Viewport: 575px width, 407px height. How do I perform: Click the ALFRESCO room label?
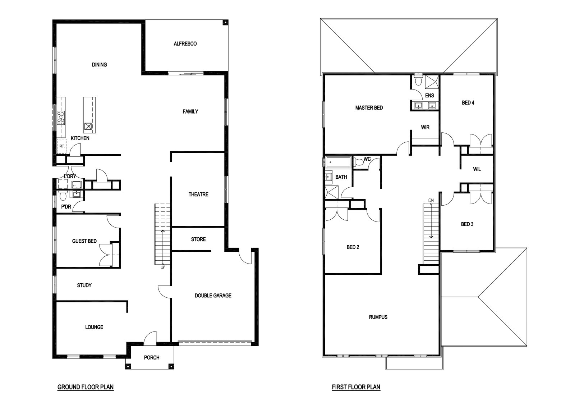click(x=185, y=44)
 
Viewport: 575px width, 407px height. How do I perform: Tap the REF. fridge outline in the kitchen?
click(x=61, y=146)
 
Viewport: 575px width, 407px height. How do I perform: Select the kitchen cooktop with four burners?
click(x=61, y=118)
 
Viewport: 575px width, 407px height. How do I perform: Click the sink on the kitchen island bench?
click(x=88, y=126)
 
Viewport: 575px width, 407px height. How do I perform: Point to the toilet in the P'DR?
click(x=63, y=196)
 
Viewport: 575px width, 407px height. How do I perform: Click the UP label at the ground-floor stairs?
click(x=163, y=267)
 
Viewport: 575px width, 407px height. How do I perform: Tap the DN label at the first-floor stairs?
click(x=431, y=200)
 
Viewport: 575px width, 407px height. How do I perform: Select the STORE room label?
click(x=198, y=239)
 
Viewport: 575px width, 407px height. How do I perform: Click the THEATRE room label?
click(x=198, y=195)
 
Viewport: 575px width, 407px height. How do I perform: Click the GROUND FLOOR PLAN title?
click(x=86, y=387)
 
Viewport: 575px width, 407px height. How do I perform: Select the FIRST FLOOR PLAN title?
click(x=356, y=387)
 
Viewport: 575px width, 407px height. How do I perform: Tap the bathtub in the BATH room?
click(x=338, y=162)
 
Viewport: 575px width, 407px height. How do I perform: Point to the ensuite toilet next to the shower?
click(x=418, y=79)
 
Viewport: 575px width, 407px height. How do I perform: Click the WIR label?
click(x=425, y=127)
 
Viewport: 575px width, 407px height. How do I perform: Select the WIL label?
click(x=477, y=169)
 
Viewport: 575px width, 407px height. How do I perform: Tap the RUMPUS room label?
click(x=378, y=317)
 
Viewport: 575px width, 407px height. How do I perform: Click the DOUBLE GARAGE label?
click(x=213, y=296)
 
